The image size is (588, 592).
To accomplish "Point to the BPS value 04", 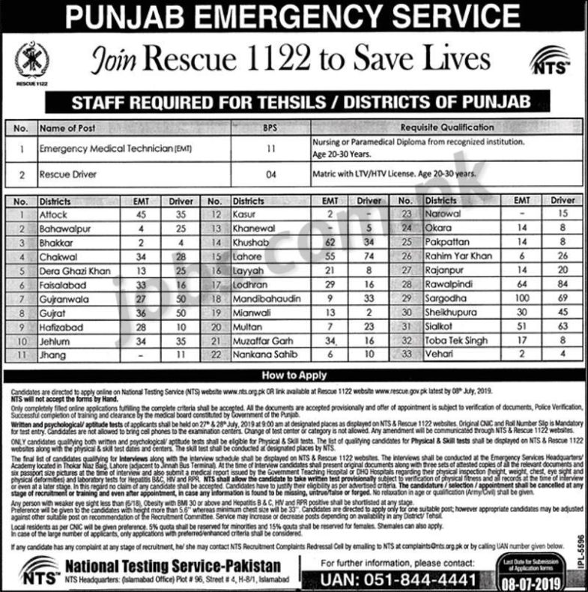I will click(270, 175).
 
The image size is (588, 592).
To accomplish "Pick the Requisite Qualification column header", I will click(446, 127).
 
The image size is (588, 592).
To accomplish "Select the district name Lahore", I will click(247, 256).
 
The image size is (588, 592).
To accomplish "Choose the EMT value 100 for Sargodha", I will click(503, 297).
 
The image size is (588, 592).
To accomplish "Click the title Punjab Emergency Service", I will click(294, 16).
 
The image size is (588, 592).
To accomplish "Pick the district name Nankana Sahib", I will click(262, 353).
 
